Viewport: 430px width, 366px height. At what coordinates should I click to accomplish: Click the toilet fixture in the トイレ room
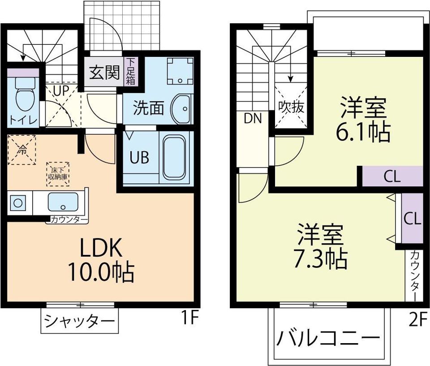[22, 94]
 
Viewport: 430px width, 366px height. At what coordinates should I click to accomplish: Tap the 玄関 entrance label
[104, 73]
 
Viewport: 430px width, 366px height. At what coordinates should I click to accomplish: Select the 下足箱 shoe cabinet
[131, 71]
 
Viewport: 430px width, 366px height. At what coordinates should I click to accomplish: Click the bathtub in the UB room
[174, 157]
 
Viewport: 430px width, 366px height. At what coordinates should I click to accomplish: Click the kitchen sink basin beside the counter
[63, 202]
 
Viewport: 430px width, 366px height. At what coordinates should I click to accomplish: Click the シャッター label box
[79, 321]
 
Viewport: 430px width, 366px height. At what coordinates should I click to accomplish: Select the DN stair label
[253, 118]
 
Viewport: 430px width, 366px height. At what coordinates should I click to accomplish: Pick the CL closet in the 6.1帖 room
[392, 177]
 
